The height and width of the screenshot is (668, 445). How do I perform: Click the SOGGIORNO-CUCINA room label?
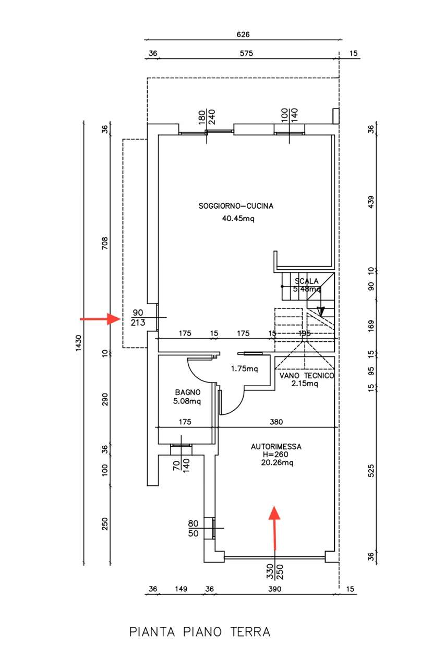pyautogui.click(x=236, y=206)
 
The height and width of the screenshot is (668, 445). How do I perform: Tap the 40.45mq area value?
pyautogui.click(x=238, y=219)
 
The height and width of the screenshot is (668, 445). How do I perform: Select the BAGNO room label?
pyautogui.click(x=187, y=392)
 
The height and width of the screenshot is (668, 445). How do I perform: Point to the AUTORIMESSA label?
pyautogui.click(x=276, y=447)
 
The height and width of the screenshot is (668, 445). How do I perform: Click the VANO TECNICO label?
pyautogui.click(x=307, y=376)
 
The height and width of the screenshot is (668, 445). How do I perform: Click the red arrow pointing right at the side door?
pyautogui.click(x=100, y=319)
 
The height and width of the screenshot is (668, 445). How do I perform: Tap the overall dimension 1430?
pyautogui.click(x=78, y=343)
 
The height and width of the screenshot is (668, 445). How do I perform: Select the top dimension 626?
pyautogui.click(x=243, y=34)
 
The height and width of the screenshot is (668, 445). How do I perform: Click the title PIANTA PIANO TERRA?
pyautogui.click(x=200, y=631)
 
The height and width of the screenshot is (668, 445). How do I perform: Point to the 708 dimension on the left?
pyautogui.click(x=105, y=243)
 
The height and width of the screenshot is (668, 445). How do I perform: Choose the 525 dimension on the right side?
pyautogui.click(x=371, y=471)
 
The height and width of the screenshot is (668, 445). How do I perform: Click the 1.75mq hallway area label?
pyautogui.click(x=244, y=369)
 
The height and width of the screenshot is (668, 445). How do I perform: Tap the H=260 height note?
pyautogui.click(x=275, y=455)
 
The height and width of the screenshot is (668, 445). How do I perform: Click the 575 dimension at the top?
pyautogui.click(x=246, y=53)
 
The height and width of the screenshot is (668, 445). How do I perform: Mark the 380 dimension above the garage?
pyautogui.click(x=276, y=422)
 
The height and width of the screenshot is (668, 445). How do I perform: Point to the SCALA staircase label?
pyautogui.click(x=307, y=281)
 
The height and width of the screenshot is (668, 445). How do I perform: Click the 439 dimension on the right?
pyautogui.click(x=371, y=202)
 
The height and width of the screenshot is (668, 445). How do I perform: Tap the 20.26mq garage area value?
pyautogui.click(x=277, y=462)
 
